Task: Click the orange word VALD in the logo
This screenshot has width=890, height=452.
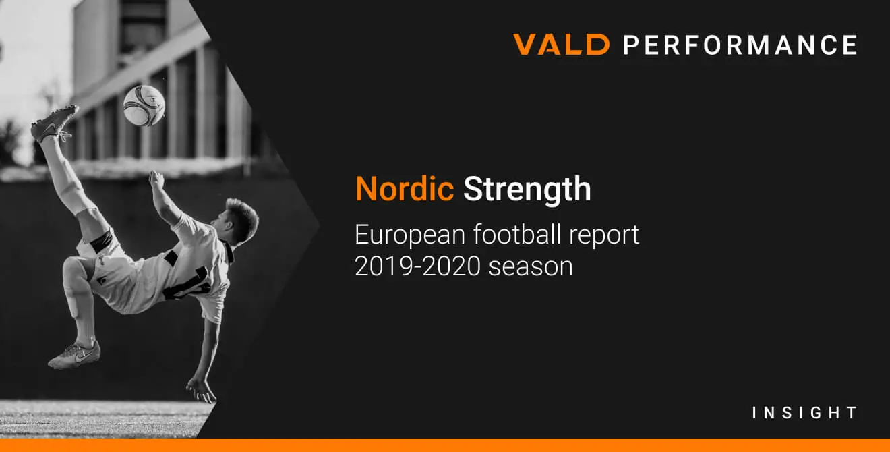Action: coord(561,44)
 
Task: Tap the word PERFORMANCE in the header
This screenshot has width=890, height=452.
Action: coord(740,45)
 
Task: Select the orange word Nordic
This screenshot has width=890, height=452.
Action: coord(405,189)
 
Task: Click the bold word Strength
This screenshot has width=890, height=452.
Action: coord(527,190)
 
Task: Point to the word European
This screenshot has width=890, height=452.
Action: coord(410,235)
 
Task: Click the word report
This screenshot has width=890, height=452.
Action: coord(604,236)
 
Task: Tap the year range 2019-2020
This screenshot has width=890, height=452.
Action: coord(417,266)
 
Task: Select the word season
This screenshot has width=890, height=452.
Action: coord(531,268)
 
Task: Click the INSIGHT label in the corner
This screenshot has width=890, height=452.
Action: coord(804,413)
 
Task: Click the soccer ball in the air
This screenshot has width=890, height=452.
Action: coord(144,106)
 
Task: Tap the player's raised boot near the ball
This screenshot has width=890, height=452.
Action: coord(55,123)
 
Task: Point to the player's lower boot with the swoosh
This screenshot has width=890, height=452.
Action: coord(74,355)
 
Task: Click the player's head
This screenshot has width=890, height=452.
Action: coord(237,221)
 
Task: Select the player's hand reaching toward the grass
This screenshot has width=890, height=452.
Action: coord(202,390)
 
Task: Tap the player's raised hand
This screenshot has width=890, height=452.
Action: coord(156,179)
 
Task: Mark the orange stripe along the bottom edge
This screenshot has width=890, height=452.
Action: coord(445,445)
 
